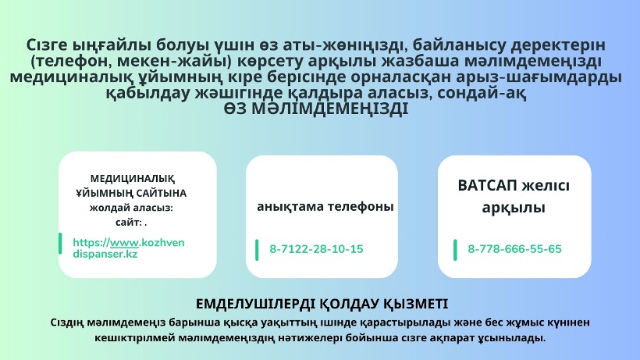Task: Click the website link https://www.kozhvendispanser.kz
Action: (x=129, y=248)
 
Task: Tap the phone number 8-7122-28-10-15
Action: (x=316, y=249)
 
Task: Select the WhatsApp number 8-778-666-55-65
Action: (x=514, y=249)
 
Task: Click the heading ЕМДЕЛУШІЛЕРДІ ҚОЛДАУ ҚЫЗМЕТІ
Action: (x=322, y=304)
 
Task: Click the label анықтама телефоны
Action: (x=325, y=206)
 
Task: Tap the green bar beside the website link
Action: (x=60, y=244)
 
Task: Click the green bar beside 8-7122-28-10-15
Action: (x=257, y=250)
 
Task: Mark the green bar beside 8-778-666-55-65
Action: (x=455, y=250)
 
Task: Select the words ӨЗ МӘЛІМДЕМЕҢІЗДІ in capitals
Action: (x=316, y=109)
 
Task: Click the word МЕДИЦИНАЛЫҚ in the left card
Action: (x=133, y=179)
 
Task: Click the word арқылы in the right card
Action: (x=514, y=208)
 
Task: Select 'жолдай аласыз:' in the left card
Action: (x=131, y=209)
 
